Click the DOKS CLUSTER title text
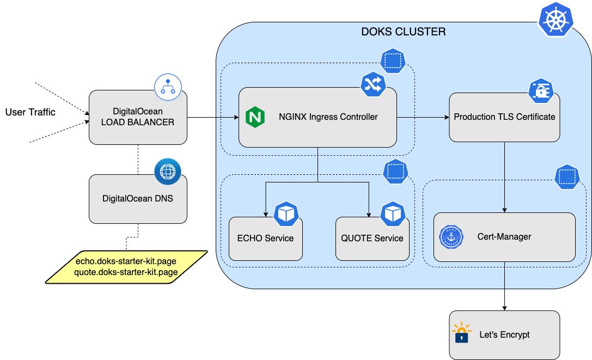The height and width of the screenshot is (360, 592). click(404, 32)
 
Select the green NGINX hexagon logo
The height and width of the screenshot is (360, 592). click(255, 117)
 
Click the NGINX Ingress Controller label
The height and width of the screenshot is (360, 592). click(328, 117)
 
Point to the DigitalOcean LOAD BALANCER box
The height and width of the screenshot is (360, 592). click(138, 117)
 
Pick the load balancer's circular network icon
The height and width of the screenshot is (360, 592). click(168, 86)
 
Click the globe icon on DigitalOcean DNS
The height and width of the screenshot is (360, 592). click(168, 172)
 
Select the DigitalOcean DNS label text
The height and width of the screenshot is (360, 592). click(138, 199)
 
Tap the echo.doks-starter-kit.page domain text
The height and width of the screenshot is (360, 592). click(126, 261)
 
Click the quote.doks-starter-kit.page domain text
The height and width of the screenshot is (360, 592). click(126, 272)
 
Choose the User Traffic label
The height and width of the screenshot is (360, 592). click(30, 113)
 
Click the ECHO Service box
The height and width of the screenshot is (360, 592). click(265, 239)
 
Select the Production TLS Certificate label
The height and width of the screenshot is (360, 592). click(504, 117)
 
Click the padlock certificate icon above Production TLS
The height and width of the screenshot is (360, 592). click(541, 91)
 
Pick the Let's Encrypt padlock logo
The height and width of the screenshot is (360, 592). click(461, 333)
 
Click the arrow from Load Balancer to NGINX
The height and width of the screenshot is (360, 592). click(212, 117)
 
